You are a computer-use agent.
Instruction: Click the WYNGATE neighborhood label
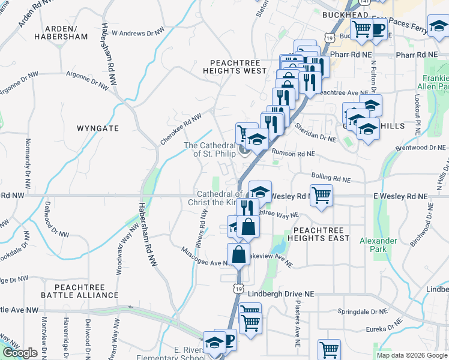coord(98,128)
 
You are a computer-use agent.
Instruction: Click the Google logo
coord(20,353)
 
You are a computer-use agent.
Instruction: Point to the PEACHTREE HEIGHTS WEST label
coord(238,67)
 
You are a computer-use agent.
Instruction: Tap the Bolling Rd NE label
coord(331,178)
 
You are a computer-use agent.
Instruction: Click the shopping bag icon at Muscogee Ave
coord(239,254)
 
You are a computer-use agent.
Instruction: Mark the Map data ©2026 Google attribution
coord(411,355)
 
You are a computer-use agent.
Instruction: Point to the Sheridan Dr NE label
coord(315,132)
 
